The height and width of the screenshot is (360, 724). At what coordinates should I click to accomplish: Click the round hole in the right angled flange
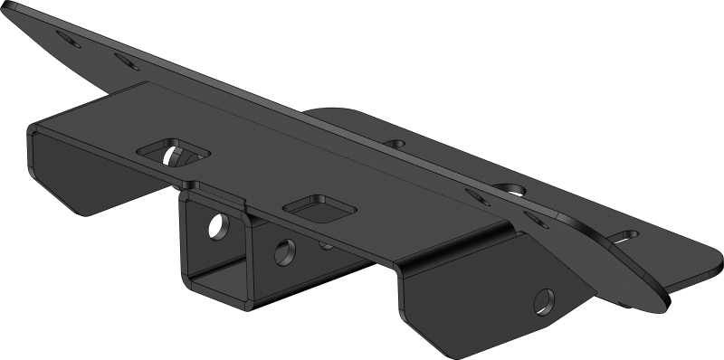click(544, 299)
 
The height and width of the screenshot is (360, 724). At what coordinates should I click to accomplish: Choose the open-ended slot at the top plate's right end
click(624, 238)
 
